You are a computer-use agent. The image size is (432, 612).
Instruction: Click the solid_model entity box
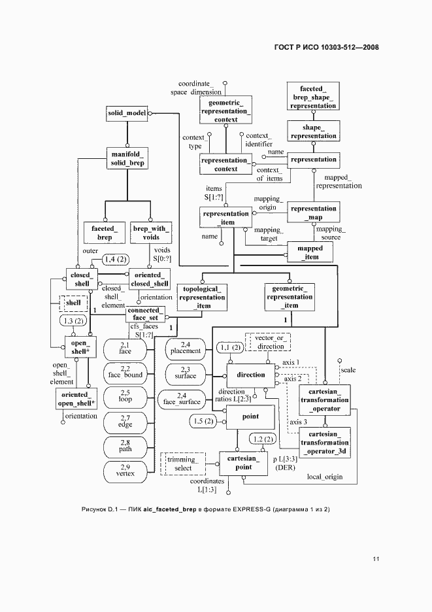pos(127,113)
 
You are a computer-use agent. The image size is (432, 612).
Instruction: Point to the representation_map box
pos(313,212)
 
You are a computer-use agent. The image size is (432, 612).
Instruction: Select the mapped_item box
pos(310,253)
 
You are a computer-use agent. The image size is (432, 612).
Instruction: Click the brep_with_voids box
pos(151,232)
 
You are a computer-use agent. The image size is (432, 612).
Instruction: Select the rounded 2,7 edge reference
pos(125,422)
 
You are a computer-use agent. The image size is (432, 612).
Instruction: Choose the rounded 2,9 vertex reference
pos(125,469)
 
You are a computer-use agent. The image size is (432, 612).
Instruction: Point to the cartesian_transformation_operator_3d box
pos(325,442)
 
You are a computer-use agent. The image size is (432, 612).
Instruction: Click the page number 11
pos(376,559)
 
